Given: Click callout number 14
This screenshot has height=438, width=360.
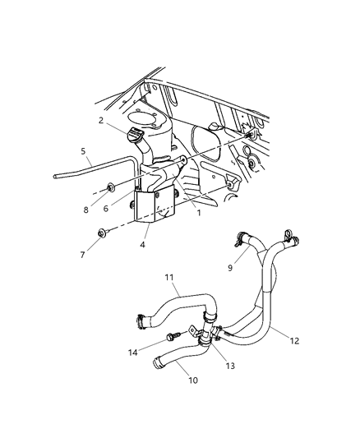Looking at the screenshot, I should tap(133, 354).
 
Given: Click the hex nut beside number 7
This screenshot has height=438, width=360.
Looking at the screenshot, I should tap(101, 233).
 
